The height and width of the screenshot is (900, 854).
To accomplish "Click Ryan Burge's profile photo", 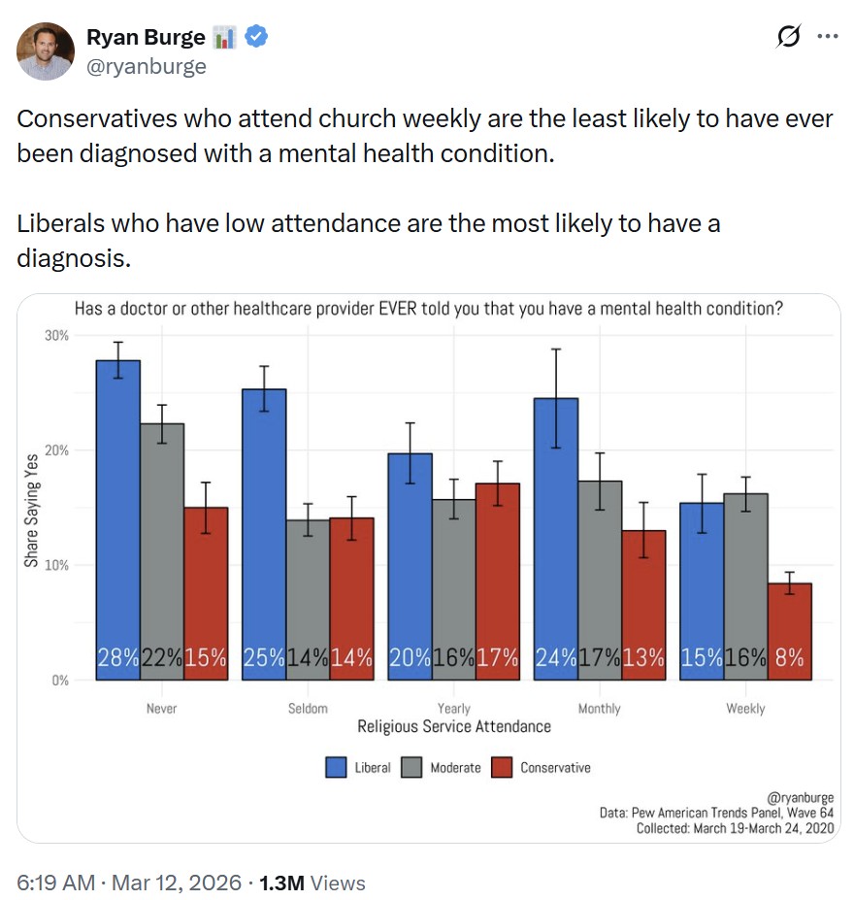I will coord(46,51).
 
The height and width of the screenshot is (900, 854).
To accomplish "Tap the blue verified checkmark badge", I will coord(256,38).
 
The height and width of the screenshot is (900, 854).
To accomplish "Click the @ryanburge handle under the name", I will coord(147,66).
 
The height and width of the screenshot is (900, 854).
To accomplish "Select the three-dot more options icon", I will coord(827,38).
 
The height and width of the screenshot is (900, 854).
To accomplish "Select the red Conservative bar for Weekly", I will coord(789,631).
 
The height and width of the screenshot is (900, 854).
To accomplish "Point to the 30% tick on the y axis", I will coord(56,335).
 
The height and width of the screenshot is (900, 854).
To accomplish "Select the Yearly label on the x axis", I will coord(454,709).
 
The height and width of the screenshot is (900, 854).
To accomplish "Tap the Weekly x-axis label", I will coord(745,709).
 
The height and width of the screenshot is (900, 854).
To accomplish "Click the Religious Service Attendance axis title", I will coord(454,726).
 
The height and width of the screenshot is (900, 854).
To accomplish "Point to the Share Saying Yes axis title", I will coord(32,508).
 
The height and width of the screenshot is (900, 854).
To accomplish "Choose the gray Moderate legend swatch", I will coord(410,767).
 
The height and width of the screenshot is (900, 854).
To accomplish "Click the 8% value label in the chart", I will coord(789,657).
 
